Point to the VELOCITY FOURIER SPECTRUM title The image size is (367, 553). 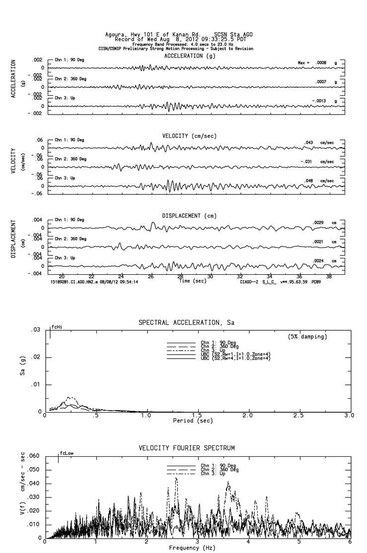pos(186,448)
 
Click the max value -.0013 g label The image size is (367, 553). pos(321,101)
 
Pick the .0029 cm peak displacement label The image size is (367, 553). pos(318,223)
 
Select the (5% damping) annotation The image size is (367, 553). pos(307,337)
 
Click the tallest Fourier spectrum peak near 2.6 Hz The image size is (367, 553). pos(175,478)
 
